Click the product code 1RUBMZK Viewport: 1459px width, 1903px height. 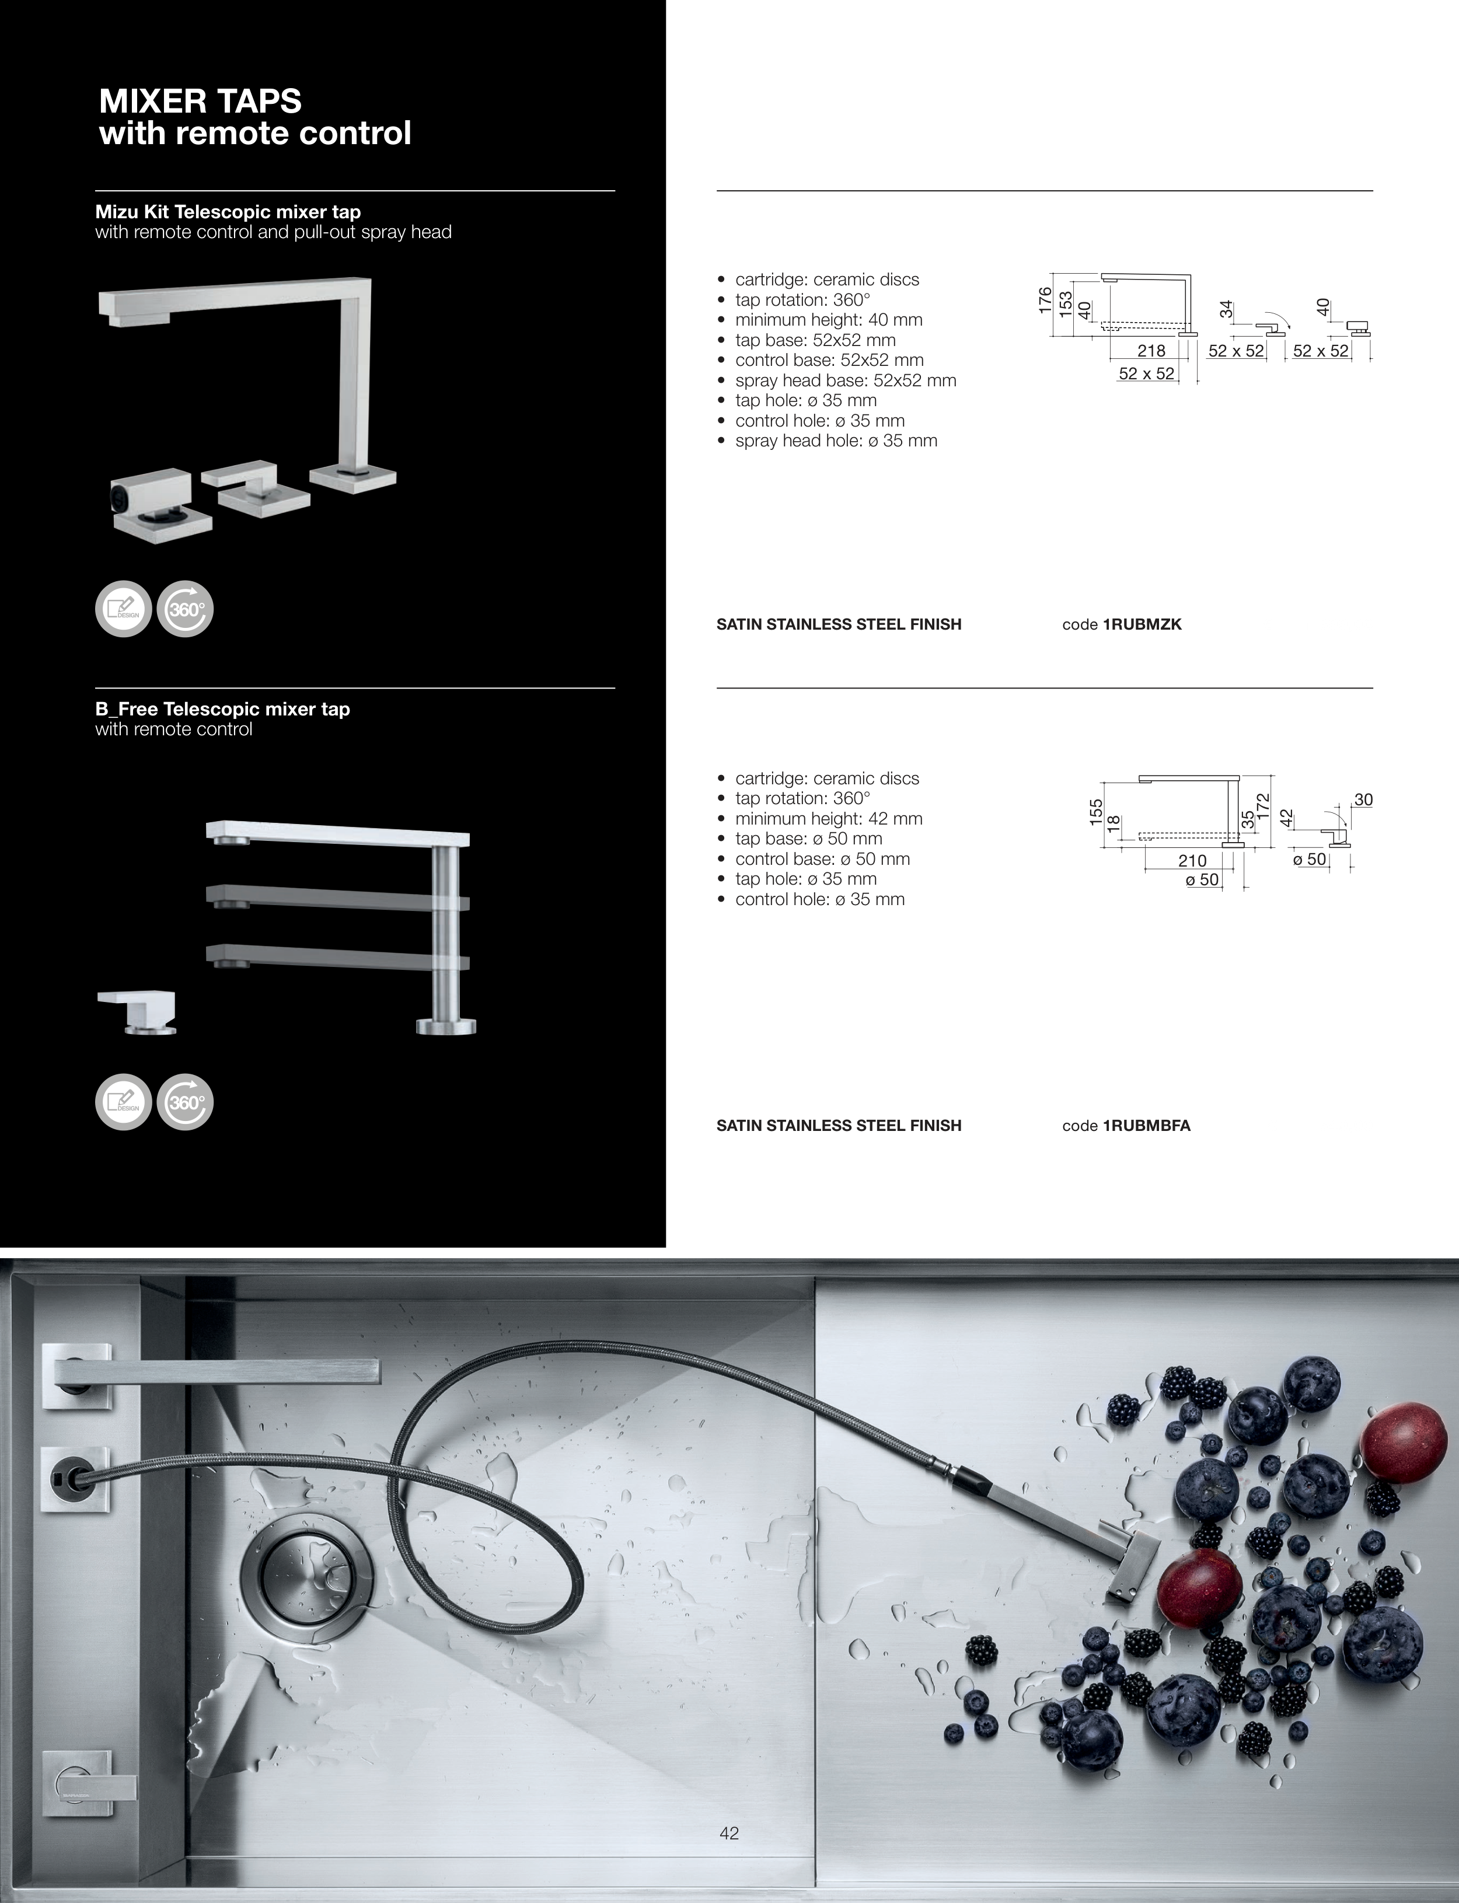click(1142, 624)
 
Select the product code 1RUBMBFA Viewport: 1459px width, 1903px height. click(1146, 1126)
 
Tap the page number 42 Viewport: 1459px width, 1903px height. click(729, 1832)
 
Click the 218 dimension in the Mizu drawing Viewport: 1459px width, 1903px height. click(1151, 351)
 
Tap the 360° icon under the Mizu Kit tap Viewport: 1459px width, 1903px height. click(185, 609)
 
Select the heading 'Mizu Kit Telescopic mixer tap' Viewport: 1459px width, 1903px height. click(228, 212)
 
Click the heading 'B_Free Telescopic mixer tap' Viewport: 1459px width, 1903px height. click(222, 709)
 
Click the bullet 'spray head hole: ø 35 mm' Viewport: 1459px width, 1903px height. click(836, 441)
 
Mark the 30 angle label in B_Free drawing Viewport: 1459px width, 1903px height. click(1363, 799)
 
